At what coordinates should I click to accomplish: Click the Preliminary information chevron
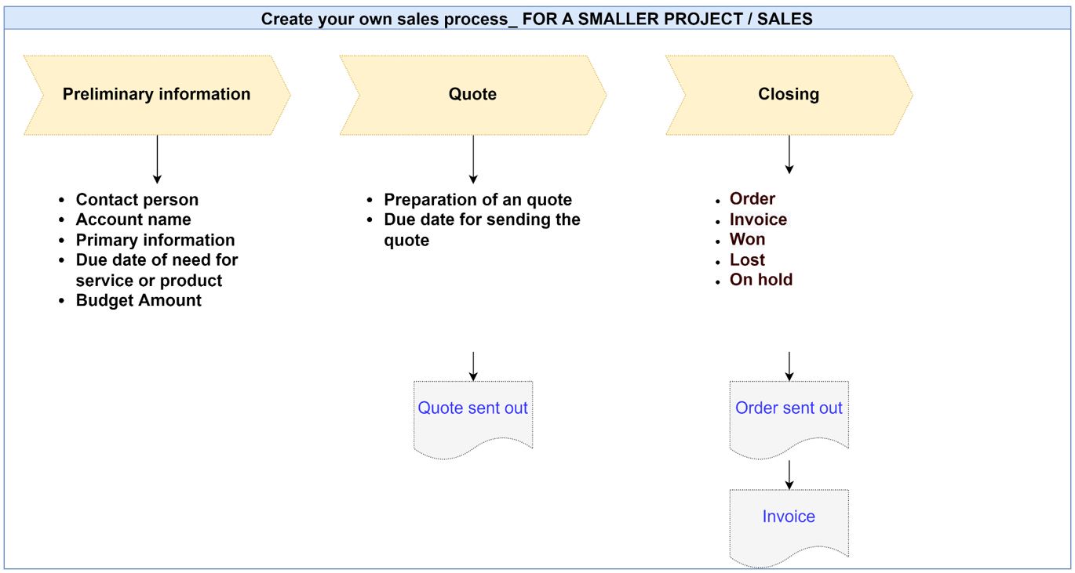(x=157, y=95)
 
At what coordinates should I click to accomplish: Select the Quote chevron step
(x=472, y=95)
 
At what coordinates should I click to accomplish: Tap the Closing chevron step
(x=789, y=95)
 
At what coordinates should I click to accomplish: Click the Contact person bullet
(x=137, y=199)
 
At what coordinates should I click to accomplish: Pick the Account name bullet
(x=133, y=219)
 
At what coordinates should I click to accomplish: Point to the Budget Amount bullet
(x=138, y=300)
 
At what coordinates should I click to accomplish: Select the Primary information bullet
(x=155, y=240)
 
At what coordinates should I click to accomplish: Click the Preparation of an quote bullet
(x=478, y=199)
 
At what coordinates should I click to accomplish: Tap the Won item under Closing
(x=747, y=239)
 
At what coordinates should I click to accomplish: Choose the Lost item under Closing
(x=747, y=259)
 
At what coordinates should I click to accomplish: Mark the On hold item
(x=761, y=280)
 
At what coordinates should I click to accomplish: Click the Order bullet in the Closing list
(x=752, y=198)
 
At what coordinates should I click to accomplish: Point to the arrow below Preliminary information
(x=157, y=159)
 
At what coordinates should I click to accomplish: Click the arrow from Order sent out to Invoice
(x=789, y=475)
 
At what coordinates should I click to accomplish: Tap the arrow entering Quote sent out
(x=473, y=366)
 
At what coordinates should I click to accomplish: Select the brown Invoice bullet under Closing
(x=758, y=219)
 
